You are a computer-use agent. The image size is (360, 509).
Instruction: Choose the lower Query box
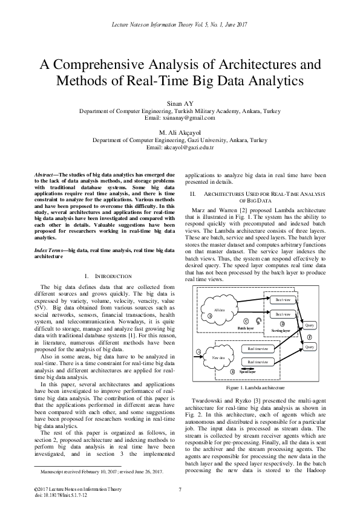310,347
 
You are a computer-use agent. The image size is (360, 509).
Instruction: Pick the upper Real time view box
258,349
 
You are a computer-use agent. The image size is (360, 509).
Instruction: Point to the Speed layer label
247,372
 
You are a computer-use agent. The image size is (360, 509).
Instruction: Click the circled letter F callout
310,336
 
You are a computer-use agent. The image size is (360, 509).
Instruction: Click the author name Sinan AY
180,104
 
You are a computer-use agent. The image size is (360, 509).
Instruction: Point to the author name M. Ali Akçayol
180,132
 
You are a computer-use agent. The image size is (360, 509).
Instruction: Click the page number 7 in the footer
180,488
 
